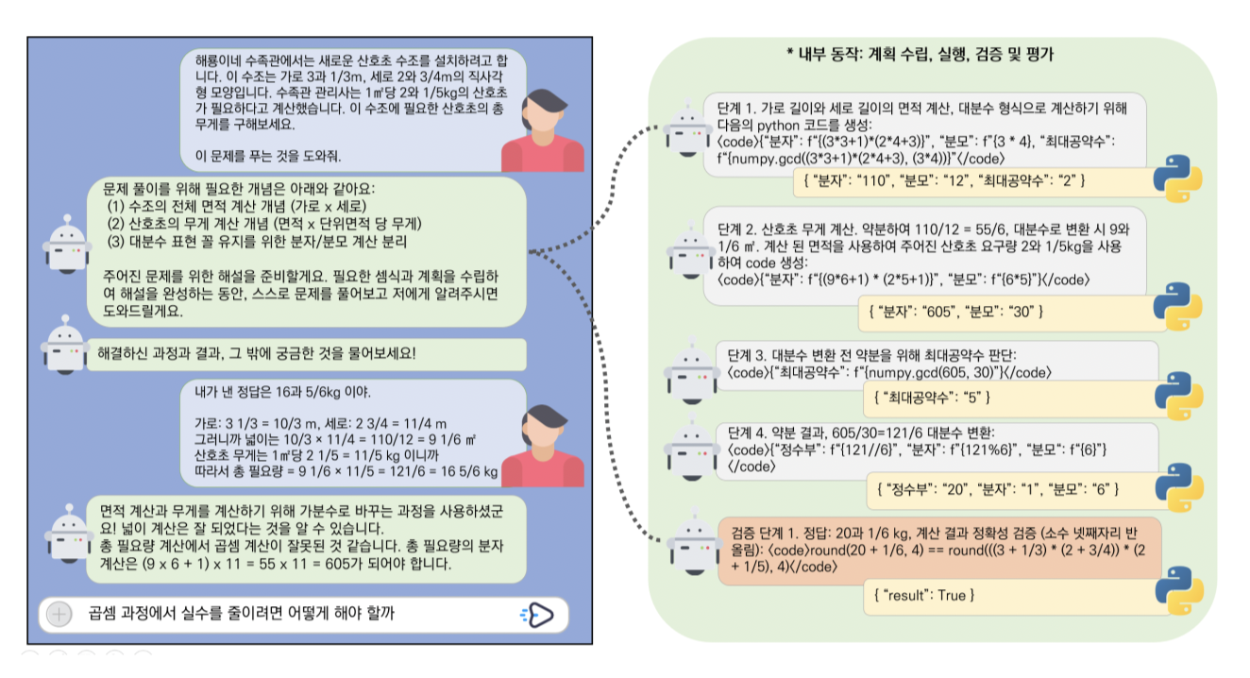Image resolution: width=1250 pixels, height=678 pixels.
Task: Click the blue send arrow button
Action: (538, 615)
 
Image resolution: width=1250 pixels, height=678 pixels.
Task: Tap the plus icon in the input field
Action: (59, 615)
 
